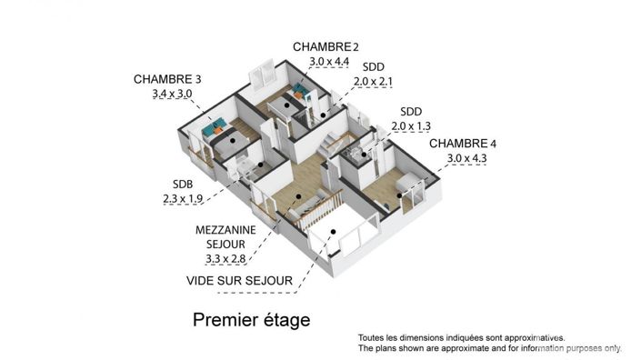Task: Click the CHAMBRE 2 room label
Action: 322,47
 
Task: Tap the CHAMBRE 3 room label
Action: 167,78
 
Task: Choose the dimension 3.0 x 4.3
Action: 467,159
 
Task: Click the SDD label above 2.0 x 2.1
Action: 373,67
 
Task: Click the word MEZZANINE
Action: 225,230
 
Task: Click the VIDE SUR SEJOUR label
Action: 239,281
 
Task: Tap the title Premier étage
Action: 251,320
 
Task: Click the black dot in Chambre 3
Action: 234,142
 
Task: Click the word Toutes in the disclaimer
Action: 372,337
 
